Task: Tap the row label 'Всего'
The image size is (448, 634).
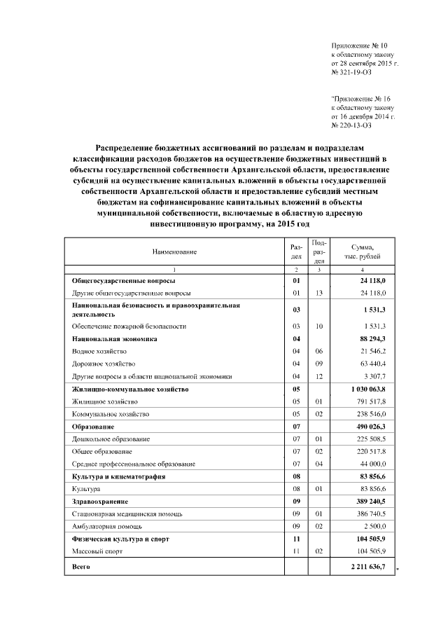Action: coord(82,565)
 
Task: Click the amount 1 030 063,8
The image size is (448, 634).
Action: coord(368,389)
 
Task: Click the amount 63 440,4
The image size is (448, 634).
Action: coord(372,364)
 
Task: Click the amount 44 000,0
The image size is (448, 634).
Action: coord(372,464)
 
